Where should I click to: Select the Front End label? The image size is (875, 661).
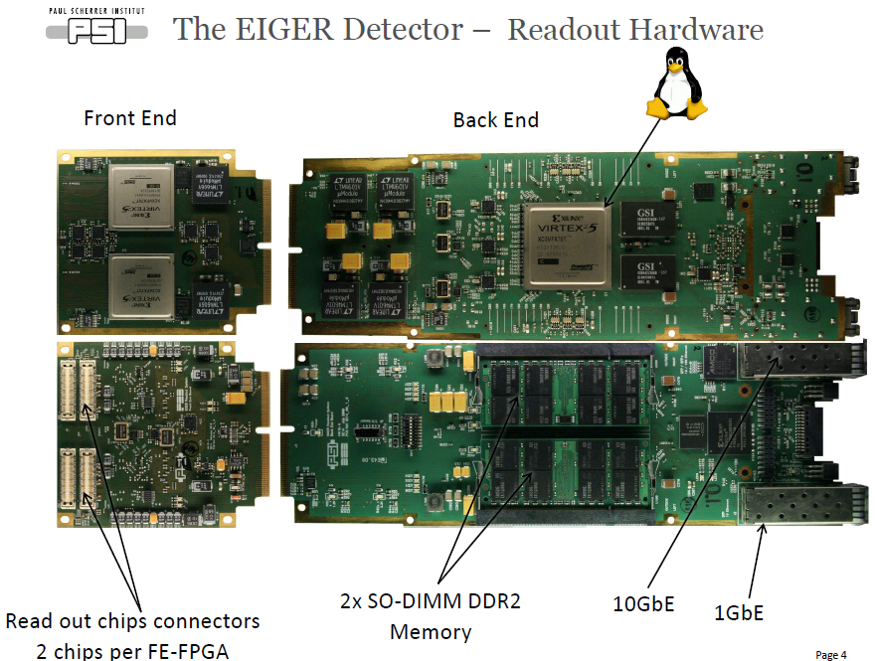[130, 118]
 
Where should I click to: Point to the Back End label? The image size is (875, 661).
[495, 120]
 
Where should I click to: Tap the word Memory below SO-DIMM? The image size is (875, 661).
[431, 631]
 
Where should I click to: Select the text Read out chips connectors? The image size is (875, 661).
[132, 621]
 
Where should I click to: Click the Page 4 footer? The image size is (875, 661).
[831, 654]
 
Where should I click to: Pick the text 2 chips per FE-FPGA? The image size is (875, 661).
[132, 650]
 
